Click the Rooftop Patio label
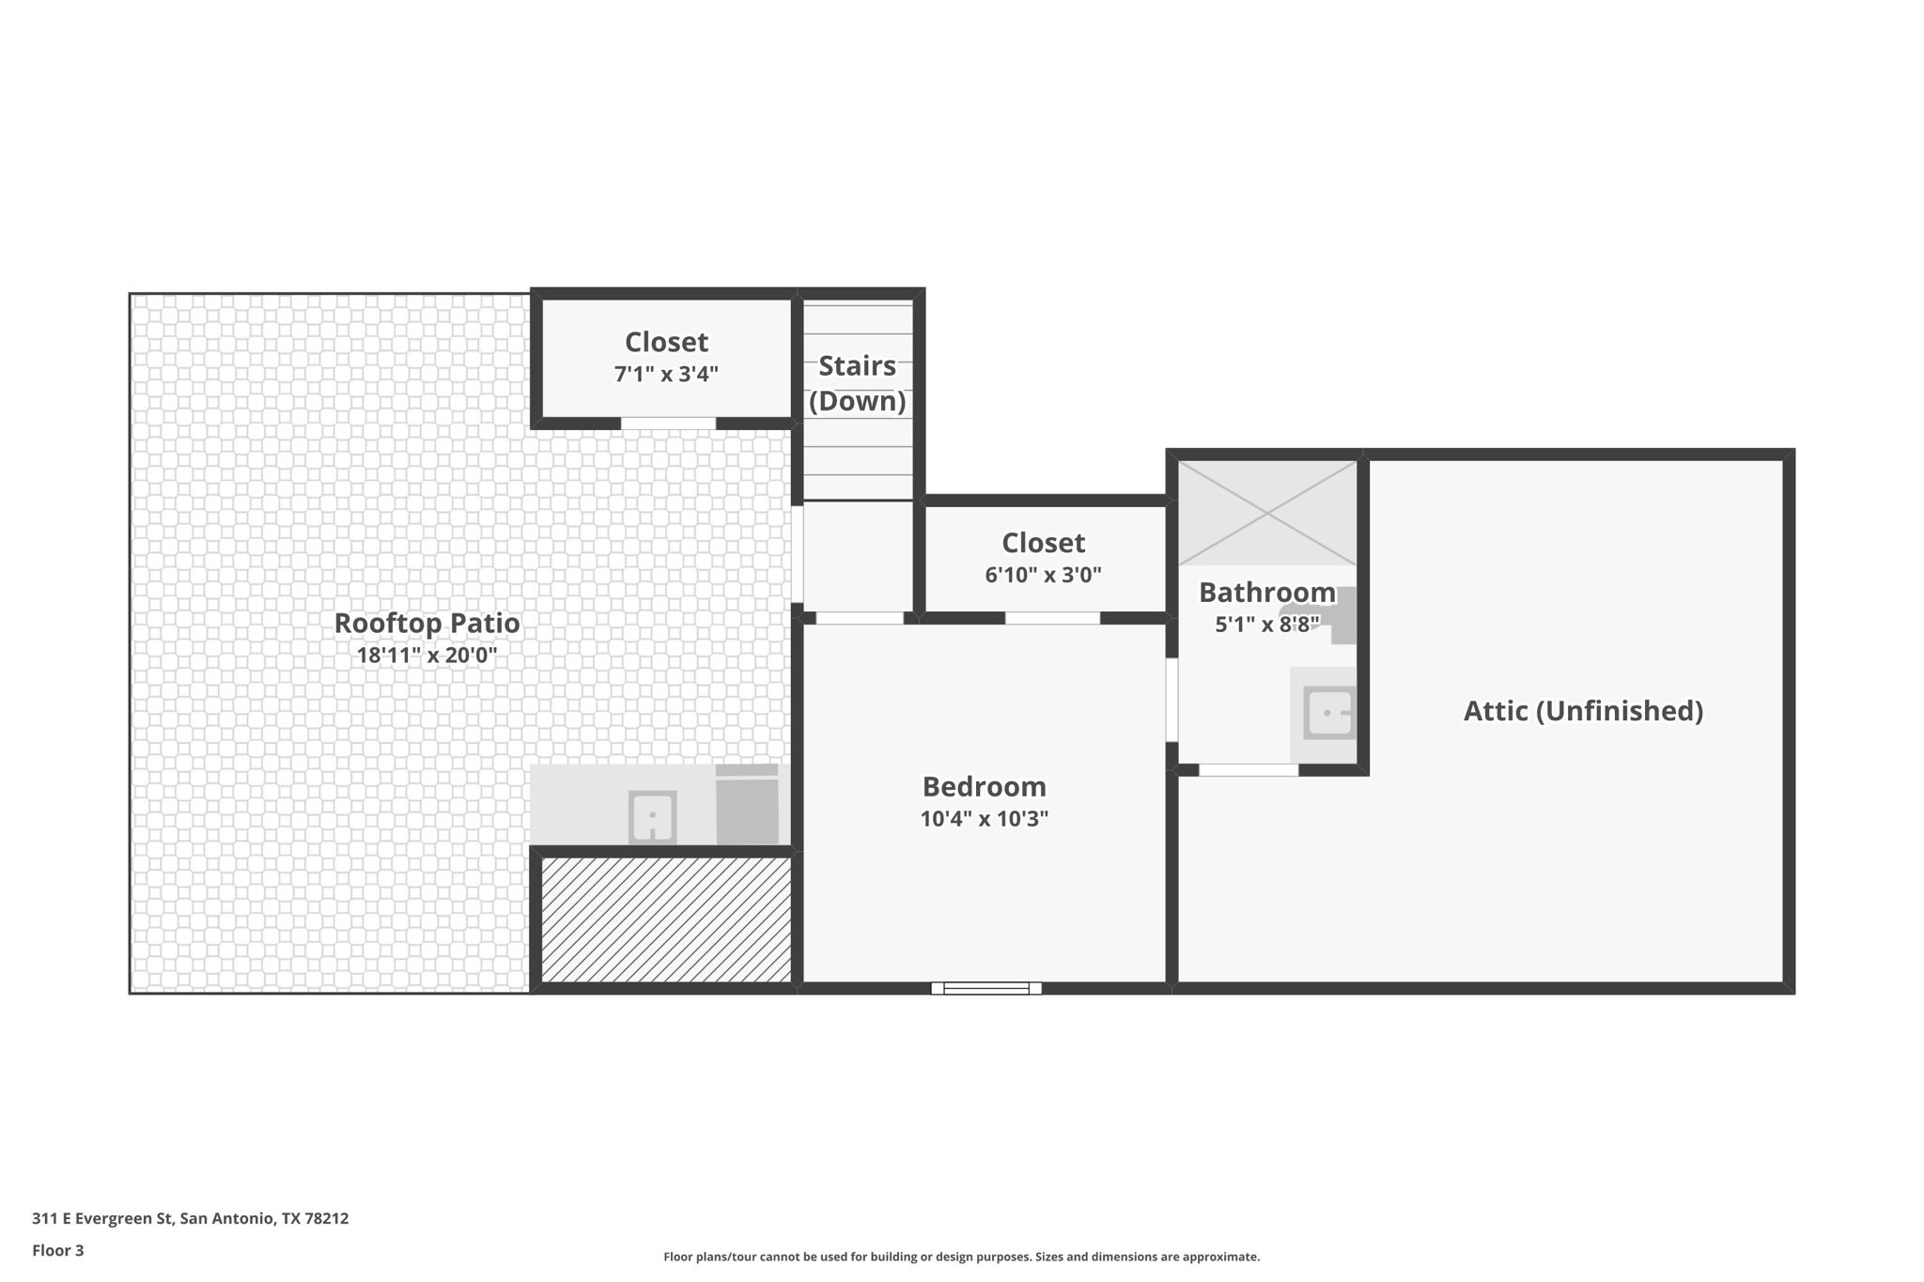point(427,624)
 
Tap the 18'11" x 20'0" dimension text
point(427,656)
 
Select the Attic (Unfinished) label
point(1583,711)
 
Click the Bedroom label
point(984,787)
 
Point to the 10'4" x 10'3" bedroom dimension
point(984,819)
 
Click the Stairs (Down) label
point(857,383)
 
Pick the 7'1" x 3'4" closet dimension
point(666,375)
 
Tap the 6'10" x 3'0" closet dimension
point(1043,575)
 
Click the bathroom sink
point(1328,714)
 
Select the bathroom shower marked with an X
point(1267,513)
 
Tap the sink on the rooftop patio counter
point(652,817)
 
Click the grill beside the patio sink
point(747,806)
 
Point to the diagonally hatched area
point(666,919)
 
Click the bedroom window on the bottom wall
point(985,988)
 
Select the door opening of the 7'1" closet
point(668,424)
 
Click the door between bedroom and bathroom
point(1171,700)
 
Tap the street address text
point(190,1218)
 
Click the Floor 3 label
point(57,1250)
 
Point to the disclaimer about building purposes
point(961,1257)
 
